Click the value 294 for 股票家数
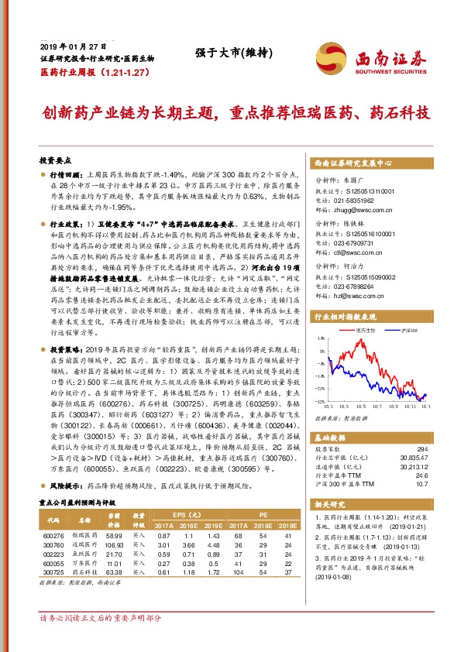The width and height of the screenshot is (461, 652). point(421,448)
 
